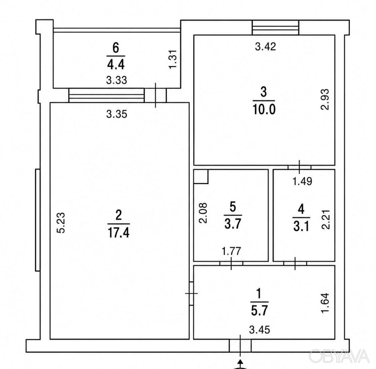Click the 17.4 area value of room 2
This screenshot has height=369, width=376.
[119, 233]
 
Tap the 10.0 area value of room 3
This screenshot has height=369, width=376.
[264, 109]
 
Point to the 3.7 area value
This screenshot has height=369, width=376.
[233, 224]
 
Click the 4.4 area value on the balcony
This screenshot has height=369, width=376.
[116, 65]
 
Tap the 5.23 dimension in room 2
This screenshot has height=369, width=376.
[61, 223]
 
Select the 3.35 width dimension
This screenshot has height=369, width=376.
[117, 114]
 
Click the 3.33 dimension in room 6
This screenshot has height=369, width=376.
[117, 80]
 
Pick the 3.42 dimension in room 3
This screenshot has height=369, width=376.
[266, 47]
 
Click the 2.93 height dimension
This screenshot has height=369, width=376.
[325, 100]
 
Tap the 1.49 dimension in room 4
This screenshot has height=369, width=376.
[302, 181]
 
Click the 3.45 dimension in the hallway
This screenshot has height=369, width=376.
[260, 330]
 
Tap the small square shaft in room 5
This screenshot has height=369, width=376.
[201, 177]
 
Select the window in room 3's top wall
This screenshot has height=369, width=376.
[275, 28]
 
